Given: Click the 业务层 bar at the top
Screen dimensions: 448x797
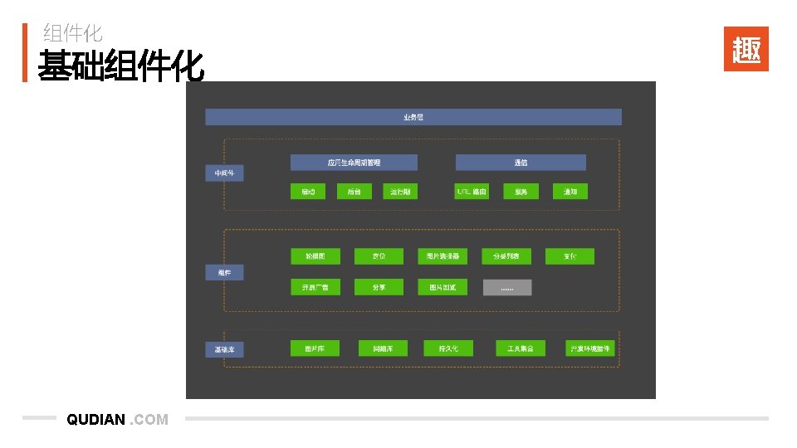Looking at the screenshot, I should click(413, 117).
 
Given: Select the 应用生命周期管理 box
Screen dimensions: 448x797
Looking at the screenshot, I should click(354, 163).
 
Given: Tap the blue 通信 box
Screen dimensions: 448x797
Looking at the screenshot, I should click(521, 163).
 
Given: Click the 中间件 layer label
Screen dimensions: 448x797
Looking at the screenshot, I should click(224, 173).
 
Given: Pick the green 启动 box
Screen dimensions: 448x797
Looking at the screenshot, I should click(308, 192).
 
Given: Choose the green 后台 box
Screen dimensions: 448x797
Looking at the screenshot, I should click(354, 192).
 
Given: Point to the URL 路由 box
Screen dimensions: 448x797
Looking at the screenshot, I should click(472, 192).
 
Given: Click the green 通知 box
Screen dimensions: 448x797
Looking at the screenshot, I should click(570, 192).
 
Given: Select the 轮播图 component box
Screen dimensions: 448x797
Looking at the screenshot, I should click(315, 256).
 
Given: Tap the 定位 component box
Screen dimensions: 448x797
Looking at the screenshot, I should click(379, 256).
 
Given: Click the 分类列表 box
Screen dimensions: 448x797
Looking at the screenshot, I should click(506, 256).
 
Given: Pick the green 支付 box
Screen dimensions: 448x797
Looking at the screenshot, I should click(570, 256).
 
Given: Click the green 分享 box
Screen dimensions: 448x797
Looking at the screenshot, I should click(379, 287).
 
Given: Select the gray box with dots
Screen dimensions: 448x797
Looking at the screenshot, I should click(506, 287).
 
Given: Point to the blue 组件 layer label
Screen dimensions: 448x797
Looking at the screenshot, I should click(224, 272).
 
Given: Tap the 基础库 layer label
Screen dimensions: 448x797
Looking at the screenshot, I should click(224, 349).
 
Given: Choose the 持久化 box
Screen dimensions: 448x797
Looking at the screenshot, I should click(448, 348).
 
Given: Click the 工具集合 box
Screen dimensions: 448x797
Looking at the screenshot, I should click(521, 348).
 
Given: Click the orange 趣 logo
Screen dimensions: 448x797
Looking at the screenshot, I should click(746, 49).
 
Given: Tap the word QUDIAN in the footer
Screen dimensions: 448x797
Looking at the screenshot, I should click(96, 420).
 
